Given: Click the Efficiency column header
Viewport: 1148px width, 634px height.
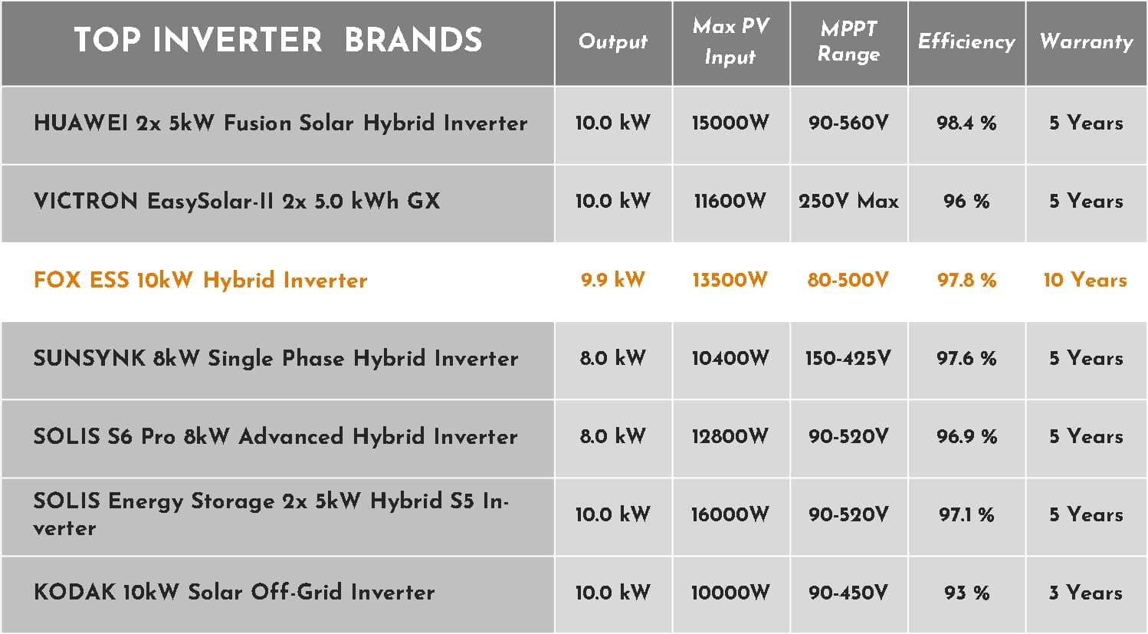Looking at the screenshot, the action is [966, 41].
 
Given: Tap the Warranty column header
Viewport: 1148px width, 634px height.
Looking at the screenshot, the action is [1086, 41].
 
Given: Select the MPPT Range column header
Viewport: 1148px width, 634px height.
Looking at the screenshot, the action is [848, 41].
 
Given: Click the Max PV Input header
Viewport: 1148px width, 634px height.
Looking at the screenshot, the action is [730, 41].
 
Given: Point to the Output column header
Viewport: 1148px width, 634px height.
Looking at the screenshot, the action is [612, 41].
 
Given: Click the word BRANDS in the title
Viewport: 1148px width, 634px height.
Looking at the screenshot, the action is [413, 40].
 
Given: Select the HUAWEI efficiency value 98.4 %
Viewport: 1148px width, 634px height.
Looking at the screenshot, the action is [966, 123].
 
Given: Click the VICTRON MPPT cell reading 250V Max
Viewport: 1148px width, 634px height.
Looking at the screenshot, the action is [848, 201].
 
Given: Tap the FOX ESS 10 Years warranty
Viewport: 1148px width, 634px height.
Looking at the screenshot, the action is [1085, 280].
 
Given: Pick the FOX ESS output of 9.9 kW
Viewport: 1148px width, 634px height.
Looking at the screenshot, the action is [612, 280].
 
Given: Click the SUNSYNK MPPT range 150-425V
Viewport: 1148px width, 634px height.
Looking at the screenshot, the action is [848, 358].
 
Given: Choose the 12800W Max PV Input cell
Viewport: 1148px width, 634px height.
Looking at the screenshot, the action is [730, 436].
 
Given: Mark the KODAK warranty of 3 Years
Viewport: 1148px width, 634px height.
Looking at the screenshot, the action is [1085, 593].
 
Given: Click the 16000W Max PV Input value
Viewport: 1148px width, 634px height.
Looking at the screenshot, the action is [730, 514].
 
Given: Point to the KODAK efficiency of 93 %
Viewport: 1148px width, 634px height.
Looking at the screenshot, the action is [966, 593].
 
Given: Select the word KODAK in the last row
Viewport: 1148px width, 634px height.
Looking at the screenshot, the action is [74, 592].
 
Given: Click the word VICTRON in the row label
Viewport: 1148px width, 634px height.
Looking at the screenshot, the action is [86, 201].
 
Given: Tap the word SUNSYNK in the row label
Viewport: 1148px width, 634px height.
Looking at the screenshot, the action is [90, 358].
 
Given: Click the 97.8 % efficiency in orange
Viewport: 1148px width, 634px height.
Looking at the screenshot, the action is [966, 280].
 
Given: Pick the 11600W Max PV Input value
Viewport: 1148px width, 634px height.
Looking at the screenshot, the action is [730, 201].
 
